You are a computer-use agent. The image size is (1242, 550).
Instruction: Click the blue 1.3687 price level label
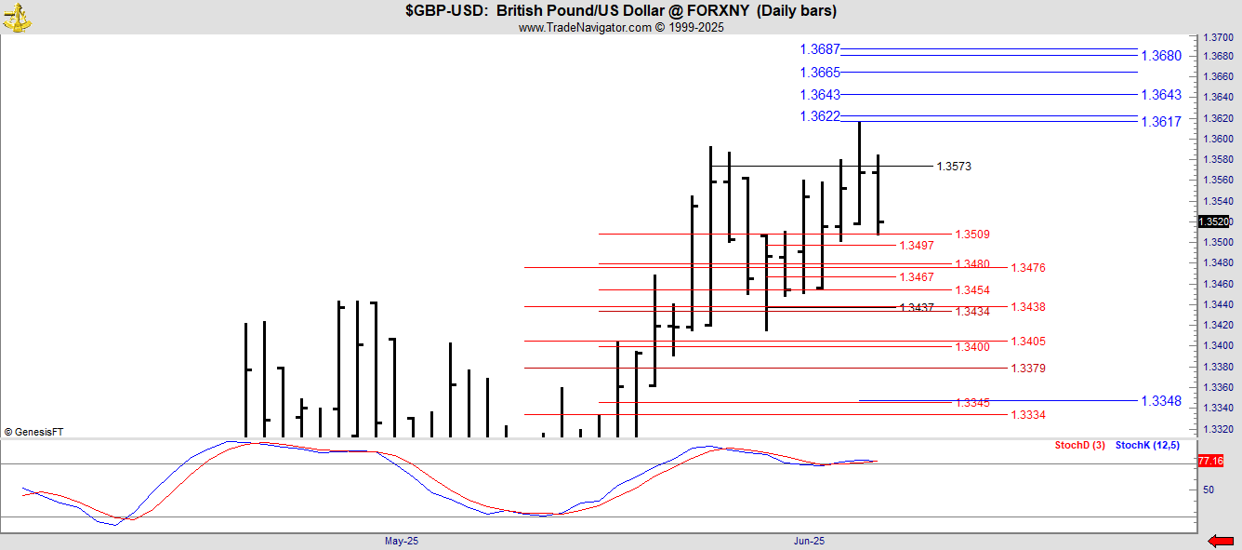click(819, 49)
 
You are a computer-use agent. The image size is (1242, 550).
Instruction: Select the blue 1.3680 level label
click(1161, 56)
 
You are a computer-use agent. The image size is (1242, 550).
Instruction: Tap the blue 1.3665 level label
click(819, 73)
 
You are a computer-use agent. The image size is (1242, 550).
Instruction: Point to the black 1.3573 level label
click(953, 167)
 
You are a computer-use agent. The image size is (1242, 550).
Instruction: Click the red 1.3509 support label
click(972, 235)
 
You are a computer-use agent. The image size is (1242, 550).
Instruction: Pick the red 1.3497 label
click(917, 246)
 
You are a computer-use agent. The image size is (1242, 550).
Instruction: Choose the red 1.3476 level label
click(1028, 268)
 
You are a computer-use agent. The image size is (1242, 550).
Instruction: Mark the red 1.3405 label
click(1028, 342)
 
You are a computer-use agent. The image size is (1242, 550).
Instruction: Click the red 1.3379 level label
click(1028, 369)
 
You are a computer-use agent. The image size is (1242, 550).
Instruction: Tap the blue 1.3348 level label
click(1161, 401)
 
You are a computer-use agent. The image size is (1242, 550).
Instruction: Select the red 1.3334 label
click(1028, 415)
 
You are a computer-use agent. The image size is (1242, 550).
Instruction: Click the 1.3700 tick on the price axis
click(1218, 37)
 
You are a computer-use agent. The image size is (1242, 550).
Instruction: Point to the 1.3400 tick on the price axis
click(1218, 346)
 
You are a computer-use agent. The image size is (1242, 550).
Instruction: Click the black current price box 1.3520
click(1213, 221)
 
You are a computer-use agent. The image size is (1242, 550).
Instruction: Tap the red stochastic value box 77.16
click(1210, 461)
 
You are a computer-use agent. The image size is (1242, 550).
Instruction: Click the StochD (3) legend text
click(1079, 446)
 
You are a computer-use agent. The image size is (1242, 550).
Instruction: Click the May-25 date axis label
click(402, 541)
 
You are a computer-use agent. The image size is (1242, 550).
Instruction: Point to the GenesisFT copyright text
click(34, 432)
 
